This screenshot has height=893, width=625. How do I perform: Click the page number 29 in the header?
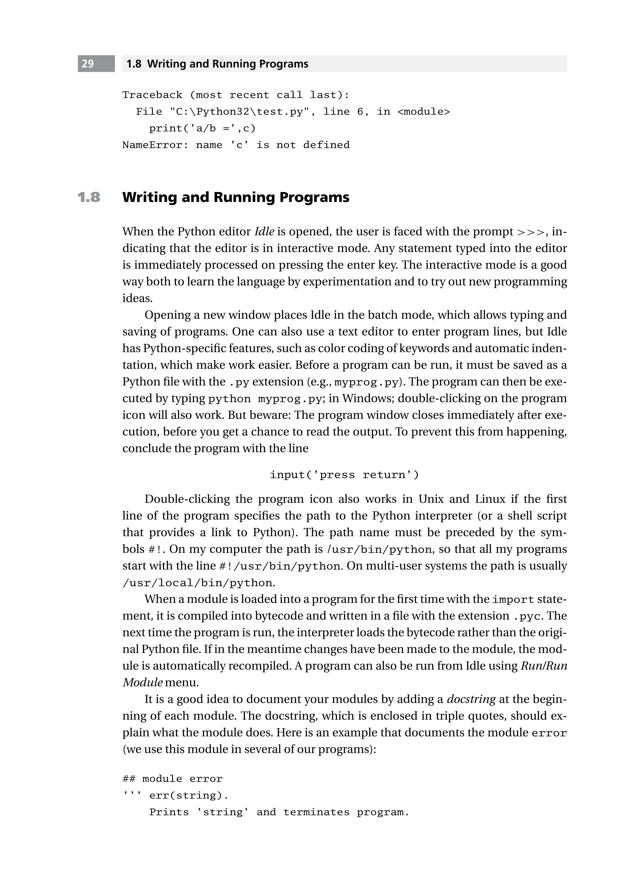click(x=88, y=64)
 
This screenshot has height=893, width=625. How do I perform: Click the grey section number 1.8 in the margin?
click(x=89, y=197)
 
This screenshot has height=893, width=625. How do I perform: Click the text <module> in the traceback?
click(x=424, y=112)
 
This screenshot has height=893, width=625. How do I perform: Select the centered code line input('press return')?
click(x=344, y=475)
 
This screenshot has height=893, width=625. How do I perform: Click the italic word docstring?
click(x=471, y=699)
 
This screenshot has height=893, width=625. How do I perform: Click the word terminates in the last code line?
click(x=316, y=812)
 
